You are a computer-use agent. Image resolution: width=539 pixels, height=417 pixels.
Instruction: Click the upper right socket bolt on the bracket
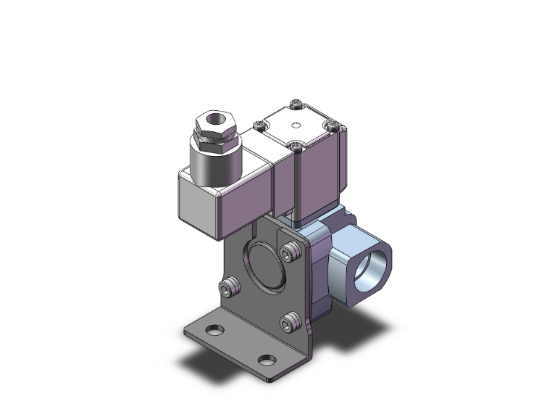(x=292, y=252)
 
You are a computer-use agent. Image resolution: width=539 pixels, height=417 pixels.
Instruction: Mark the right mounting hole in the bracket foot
(x=267, y=360)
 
